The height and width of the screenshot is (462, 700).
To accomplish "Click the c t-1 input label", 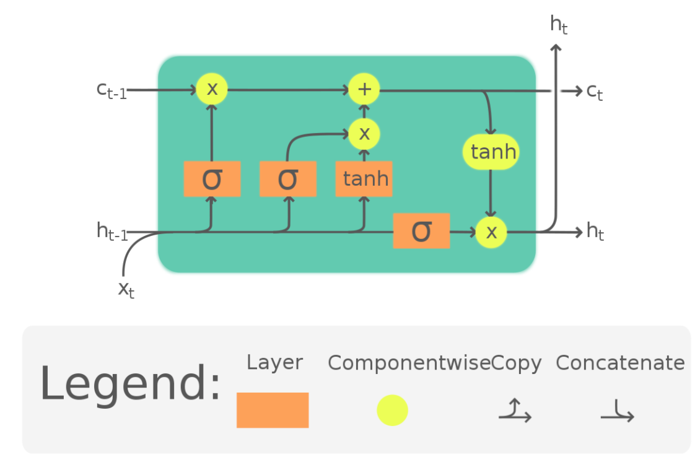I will click(x=112, y=90).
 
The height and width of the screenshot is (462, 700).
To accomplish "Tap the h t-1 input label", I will click(x=112, y=232).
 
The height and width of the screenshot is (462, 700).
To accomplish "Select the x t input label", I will click(x=126, y=289).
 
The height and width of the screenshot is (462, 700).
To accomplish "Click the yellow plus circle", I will click(x=364, y=89).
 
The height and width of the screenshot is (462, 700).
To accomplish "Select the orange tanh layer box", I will click(x=364, y=179).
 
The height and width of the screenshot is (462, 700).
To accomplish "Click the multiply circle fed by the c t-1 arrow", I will click(x=212, y=89).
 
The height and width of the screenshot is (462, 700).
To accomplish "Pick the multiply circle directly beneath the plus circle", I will click(x=364, y=133).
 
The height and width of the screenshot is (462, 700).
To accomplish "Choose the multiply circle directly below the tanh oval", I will click(x=491, y=232).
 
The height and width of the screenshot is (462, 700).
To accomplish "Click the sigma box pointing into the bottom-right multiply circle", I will click(x=421, y=231).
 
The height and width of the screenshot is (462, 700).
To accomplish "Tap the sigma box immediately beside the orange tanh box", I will click(x=288, y=179).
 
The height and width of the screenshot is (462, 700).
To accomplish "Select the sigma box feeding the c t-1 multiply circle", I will click(x=212, y=179).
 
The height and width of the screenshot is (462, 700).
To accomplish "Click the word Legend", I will click(x=130, y=385).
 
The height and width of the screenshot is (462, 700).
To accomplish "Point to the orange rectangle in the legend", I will click(x=273, y=410).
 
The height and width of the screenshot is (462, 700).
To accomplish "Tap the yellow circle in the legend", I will click(x=392, y=410).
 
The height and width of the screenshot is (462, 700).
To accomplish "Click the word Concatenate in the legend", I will click(x=620, y=363).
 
